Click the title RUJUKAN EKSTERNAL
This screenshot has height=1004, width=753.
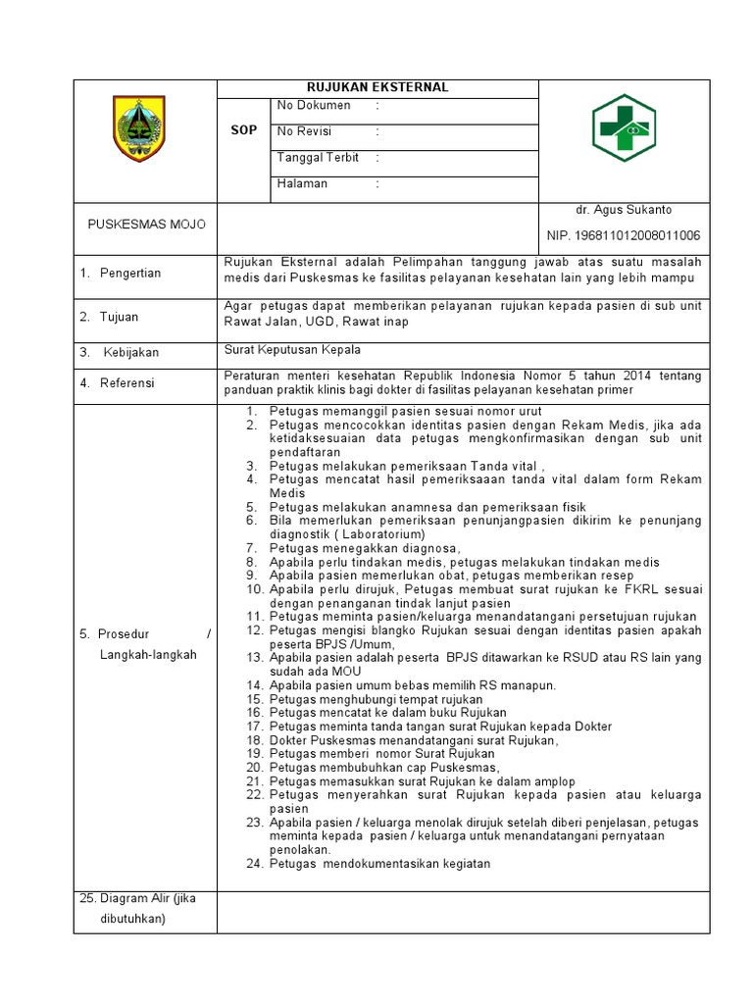pyautogui.click(x=377, y=87)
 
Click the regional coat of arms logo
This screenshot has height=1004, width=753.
pyautogui.click(x=139, y=128)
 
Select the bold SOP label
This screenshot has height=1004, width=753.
pyautogui.click(x=243, y=130)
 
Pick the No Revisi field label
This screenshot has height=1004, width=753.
pyautogui.click(x=305, y=131)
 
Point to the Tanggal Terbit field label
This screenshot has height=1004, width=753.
pyautogui.click(x=318, y=157)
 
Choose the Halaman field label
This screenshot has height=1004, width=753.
pyautogui.click(x=303, y=183)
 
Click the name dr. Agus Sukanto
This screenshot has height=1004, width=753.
pyautogui.click(x=624, y=210)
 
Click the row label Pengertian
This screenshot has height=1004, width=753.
pyautogui.click(x=129, y=273)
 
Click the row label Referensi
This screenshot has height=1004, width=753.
pyautogui.click(x=126, y=383)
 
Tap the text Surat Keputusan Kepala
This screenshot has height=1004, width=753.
pyautogui.click(x=292, y=350)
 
